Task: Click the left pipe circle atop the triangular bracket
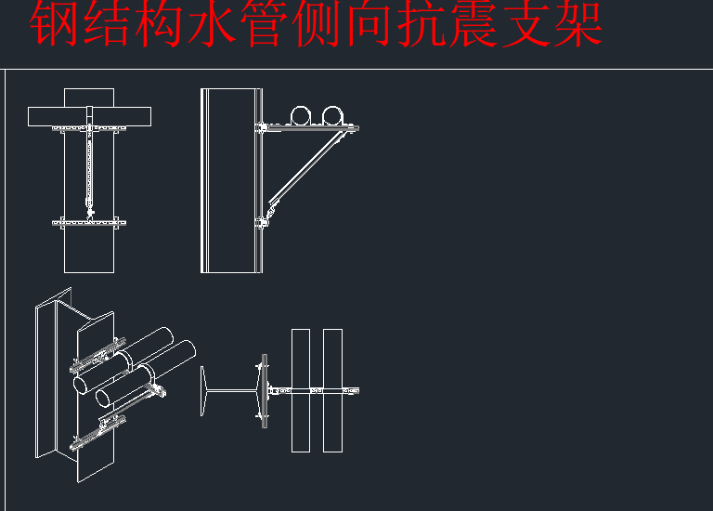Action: point(303,115)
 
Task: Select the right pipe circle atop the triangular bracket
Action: point(331,115)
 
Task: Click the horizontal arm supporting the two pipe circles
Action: point(311,127)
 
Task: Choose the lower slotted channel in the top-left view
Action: point(90,222)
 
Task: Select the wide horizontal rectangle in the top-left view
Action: point(89,116)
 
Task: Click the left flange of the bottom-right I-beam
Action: point(202,390)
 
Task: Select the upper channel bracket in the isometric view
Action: point(97,353)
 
